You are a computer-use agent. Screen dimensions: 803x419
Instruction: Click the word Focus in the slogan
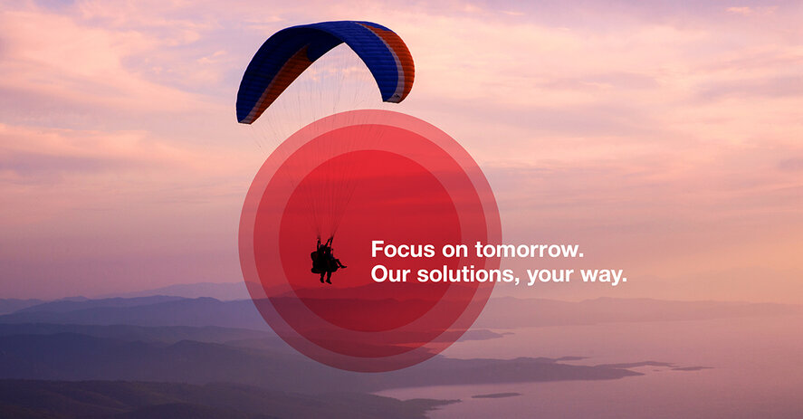[403, 250]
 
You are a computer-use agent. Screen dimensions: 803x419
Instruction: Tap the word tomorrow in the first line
[526, 250]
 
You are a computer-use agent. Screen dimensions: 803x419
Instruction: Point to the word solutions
[464, 274]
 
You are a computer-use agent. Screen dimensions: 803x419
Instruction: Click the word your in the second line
[550, 276]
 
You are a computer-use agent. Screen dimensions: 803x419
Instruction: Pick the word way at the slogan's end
[600, 276]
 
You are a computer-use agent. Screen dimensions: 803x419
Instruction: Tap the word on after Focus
[454, 251]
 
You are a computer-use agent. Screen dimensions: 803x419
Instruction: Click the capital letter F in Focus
[378, 249]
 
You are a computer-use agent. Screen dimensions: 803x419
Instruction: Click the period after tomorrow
[580, 254]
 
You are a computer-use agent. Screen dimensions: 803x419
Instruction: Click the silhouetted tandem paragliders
[326, 260]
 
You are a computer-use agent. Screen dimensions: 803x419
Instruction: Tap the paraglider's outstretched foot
[343, 266]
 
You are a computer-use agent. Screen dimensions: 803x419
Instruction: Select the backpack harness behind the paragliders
[316, 262]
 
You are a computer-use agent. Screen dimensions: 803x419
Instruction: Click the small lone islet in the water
[496, 395]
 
